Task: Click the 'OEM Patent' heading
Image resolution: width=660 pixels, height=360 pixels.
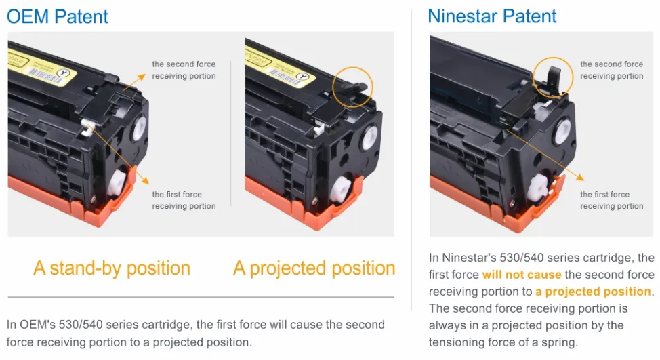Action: click(x=58, y=17)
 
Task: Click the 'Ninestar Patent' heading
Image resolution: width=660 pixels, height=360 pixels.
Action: click(x=492, y=16)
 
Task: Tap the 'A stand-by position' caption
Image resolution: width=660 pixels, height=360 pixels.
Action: click(x=112, y=268)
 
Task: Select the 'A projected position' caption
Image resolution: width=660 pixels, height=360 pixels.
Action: click(x=314, y=268)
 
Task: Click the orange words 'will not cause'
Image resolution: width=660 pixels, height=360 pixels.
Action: click(x=522, y=275)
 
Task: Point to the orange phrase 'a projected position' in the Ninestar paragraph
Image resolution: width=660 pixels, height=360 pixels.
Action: click(x=593, y=292)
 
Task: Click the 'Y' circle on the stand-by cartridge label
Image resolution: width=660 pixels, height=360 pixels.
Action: click(x=64, y=73)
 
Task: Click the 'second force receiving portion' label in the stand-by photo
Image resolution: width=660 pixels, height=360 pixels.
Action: click(x=184, y=70)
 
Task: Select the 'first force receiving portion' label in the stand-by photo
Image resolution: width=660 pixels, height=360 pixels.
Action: click(x=184, y=200)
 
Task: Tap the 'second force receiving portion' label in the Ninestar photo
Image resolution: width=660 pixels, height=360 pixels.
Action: click(x=612, y=70)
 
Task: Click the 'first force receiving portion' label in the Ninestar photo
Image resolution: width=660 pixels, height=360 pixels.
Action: click(x=612, y=200)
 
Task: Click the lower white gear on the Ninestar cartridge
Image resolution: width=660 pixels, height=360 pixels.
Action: click(x=538, y=187)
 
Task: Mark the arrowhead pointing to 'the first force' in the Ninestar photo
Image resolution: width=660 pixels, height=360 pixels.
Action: click(x=581, y=178)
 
